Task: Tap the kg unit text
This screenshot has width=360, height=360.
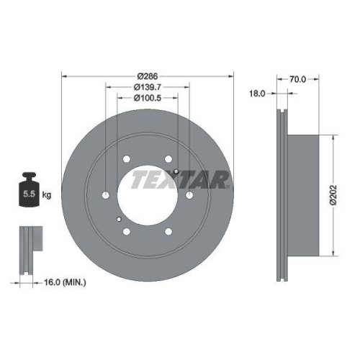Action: [x=47, y=194]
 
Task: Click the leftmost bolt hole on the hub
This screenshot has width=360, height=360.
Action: [x=105, y=195]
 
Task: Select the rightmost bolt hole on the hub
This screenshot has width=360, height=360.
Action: [x=189, y=194]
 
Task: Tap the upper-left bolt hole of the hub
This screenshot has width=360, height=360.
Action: [x=126, y=159]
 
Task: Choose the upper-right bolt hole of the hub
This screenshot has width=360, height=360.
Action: [x=168, y=159]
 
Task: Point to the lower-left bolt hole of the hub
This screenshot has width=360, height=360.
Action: [x=126, y=231]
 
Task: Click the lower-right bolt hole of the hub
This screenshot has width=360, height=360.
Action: [x=168, y=231]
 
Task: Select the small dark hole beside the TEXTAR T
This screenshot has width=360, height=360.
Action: [x=176, y=171]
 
